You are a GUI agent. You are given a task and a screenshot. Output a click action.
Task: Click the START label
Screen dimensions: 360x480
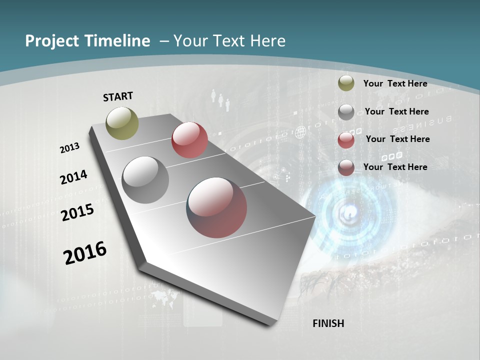point(118,96)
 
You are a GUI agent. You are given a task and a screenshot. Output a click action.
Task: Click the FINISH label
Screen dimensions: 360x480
point(328,323)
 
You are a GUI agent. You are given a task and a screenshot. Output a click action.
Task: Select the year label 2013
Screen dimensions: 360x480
point(69,148)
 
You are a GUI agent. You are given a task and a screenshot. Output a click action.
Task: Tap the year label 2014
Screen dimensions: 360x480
point(73,177)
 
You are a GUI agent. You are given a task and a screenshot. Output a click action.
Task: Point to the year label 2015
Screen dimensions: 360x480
point(77,212)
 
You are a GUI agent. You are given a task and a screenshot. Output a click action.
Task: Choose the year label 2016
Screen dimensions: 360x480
point(85,253)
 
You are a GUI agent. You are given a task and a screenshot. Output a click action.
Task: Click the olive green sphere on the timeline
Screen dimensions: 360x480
point(122,123)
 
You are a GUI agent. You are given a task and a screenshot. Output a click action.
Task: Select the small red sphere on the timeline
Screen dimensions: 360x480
point(189,140)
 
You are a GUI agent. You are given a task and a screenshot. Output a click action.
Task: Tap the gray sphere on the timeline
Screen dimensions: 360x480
point(145,180)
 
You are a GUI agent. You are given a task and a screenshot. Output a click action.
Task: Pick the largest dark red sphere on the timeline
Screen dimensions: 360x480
point(216,207)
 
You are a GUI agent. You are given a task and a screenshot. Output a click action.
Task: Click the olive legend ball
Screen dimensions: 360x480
point(346,83)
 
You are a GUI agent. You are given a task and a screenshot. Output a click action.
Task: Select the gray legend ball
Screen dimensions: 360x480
point(346,112)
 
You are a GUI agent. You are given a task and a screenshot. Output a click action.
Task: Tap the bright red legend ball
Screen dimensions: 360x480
point(346,140)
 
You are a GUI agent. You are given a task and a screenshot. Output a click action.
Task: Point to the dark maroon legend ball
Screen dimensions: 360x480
point(346,167)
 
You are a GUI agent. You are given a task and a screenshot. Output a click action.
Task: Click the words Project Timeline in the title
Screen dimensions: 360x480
point(87,41)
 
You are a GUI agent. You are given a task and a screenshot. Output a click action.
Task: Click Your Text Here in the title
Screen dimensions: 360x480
point(229,41)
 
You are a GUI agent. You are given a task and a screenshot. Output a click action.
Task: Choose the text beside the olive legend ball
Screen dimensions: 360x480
point(395,83)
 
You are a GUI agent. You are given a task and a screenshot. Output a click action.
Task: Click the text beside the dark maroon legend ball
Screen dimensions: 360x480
point(395,167)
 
